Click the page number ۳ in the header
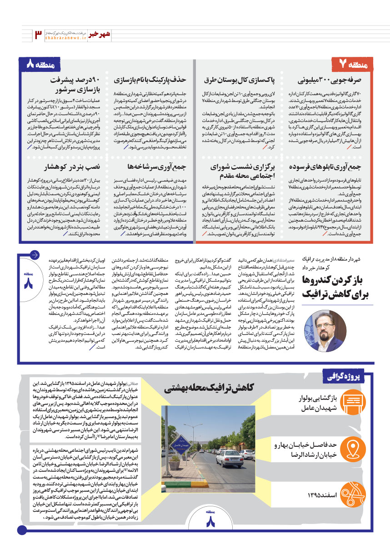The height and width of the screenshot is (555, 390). coord(38,35)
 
